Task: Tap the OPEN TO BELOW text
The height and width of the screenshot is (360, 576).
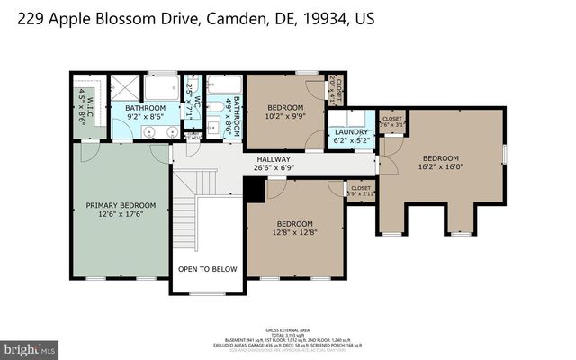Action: click(207, 268)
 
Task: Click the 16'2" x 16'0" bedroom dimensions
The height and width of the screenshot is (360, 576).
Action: click(442, 166)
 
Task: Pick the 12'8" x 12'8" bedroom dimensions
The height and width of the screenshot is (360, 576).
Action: click(294, 234)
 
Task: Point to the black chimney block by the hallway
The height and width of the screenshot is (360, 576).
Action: click(255, 189)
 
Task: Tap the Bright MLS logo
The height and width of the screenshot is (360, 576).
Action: click(29, 347)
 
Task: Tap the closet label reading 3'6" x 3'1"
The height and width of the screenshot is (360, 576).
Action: click(392, 121)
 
